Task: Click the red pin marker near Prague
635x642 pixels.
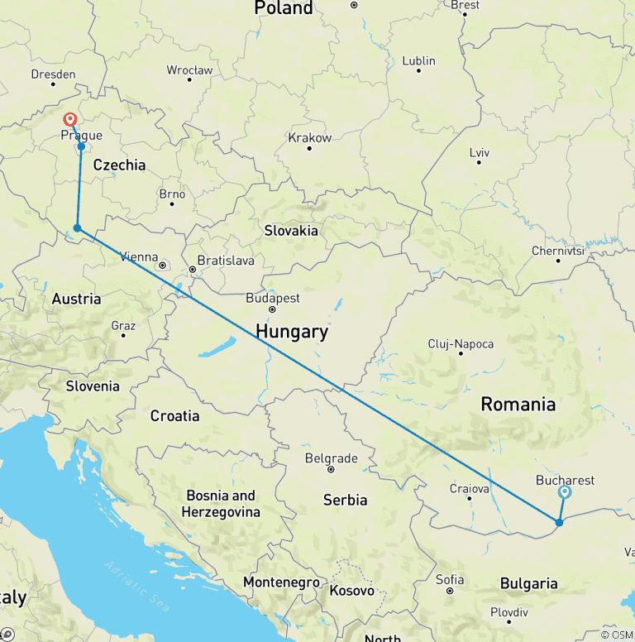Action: click(70, 120)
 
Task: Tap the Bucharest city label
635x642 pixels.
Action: click(565, 480)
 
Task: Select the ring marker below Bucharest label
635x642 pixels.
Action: click(565, 492)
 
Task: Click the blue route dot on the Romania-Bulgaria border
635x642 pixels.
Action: click(560, 522)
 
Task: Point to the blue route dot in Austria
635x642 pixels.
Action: click(77, 228)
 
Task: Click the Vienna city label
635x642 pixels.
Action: click(139, 256)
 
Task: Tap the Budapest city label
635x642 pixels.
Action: click(273, 298)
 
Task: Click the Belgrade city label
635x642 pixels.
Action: click(331, 458)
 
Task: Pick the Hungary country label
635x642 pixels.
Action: click(291, 332)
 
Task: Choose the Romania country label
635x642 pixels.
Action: click(518, 405)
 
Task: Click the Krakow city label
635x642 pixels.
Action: click(309, 137)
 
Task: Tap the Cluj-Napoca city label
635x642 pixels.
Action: click(461, 343)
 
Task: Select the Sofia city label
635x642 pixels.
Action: click(449, 579)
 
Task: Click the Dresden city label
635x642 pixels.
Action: click(53, 74)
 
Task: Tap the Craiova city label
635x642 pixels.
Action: click(469, 488)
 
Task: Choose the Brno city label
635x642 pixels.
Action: click(172, 194)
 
